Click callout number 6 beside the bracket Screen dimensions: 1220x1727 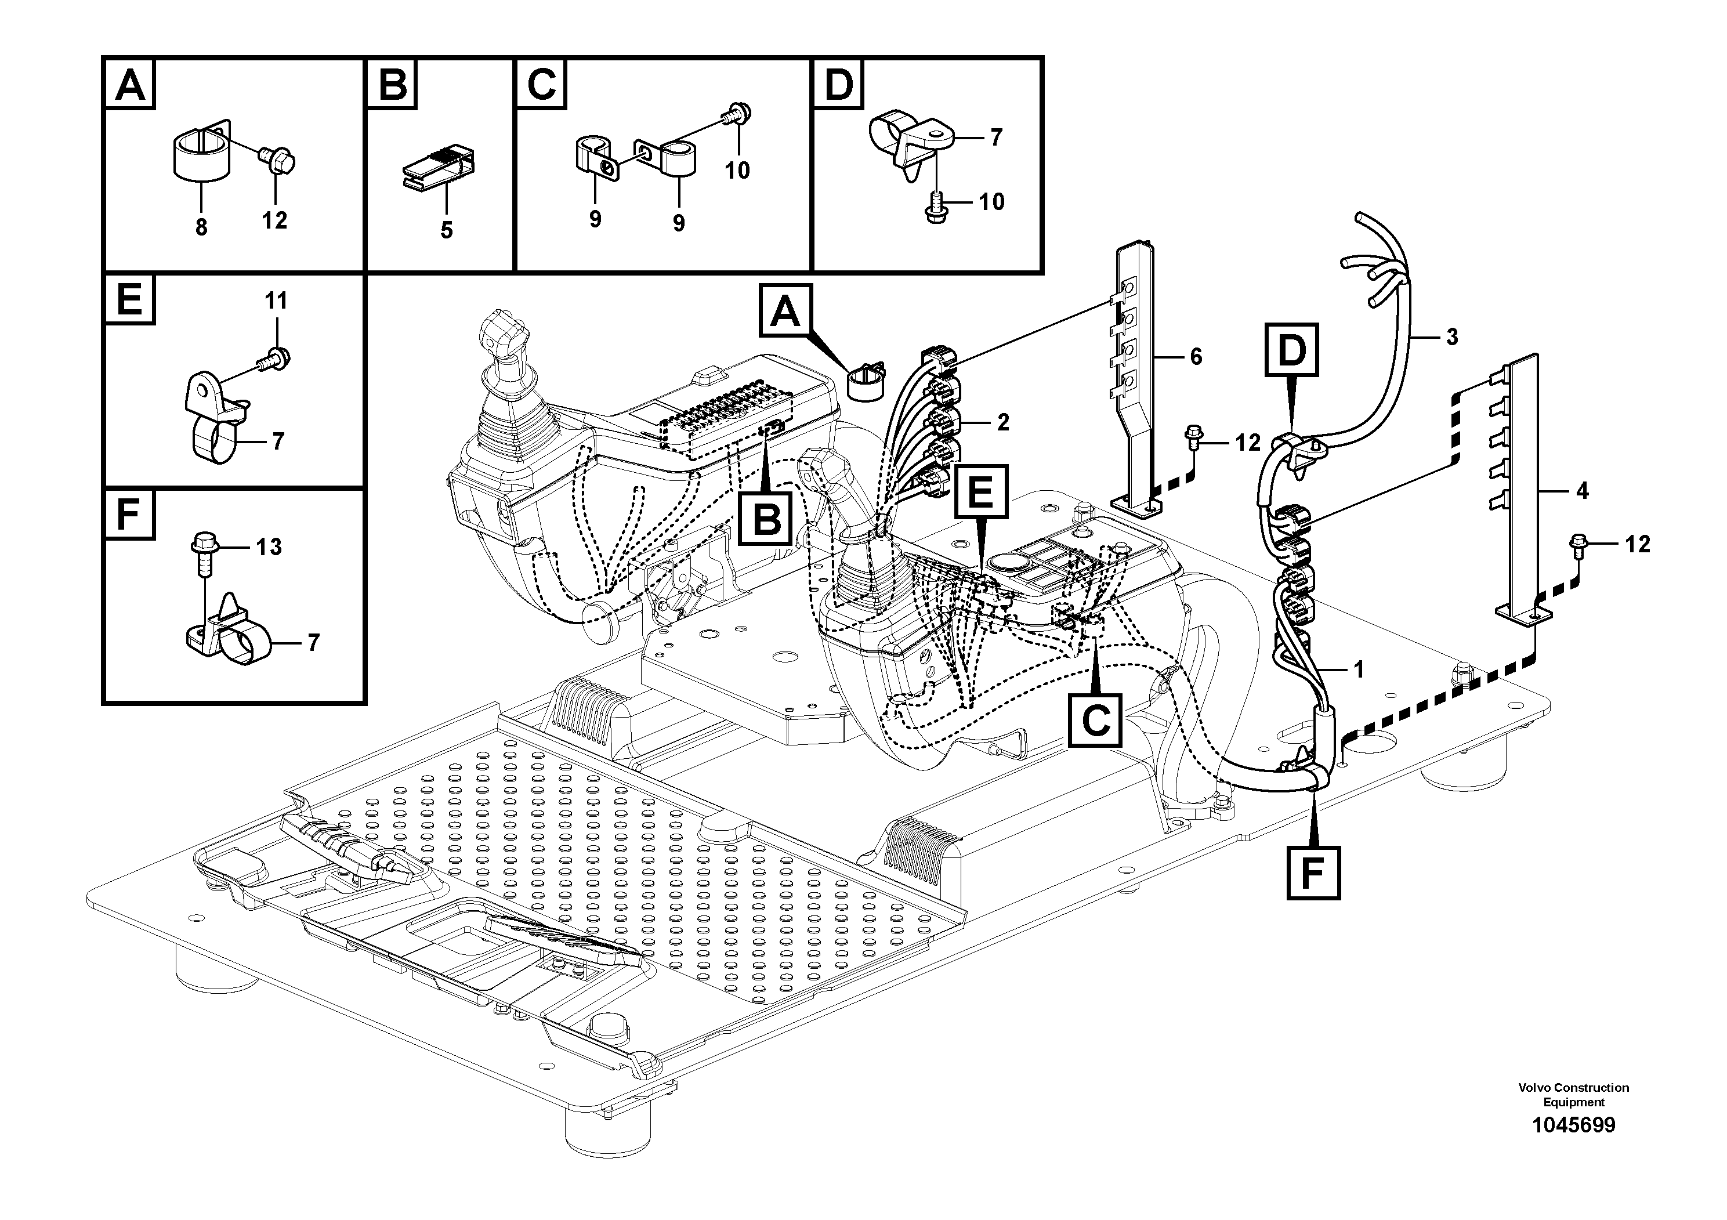pos(1196,357)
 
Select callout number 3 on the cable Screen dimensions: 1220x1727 pos(1451,338)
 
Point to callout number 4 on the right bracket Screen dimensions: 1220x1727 pos(1582,492)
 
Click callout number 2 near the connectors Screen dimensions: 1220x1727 pos(1002,423)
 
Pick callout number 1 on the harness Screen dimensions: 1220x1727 pos(1359,669)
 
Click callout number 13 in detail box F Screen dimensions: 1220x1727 pos(269,547)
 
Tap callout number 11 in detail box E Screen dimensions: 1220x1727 pos(276,302)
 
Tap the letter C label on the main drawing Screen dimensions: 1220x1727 pos(1096,721)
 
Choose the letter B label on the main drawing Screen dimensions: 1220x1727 pos(766,519)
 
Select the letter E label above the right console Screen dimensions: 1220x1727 pos(981,491)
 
